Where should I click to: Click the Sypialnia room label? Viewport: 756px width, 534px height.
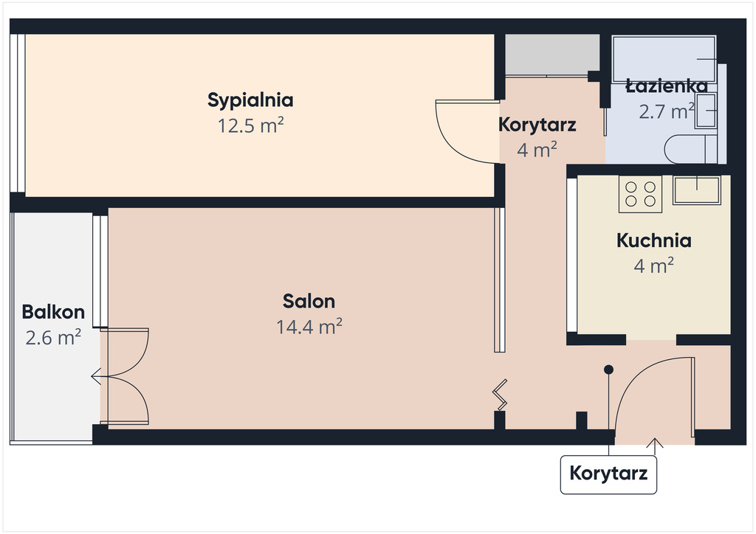pyautogui.click(x=250, y=100)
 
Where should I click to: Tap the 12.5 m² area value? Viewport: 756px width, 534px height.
pyautogui.click(x=250, y=125)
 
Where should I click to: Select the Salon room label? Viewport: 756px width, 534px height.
pyautogui.click(x=309, y=302)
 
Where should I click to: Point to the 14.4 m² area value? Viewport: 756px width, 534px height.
pyautogui.click(x=309, y=327)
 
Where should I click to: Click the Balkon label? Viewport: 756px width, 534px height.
pyautogui.click(x=53, y=312)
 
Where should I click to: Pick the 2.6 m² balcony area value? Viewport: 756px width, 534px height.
pyautogui.click(x=53, y=338)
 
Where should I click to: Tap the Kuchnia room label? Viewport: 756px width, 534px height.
pyautogui.click(x=654, y=240)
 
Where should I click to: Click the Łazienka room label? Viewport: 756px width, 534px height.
pyautogui.click(x=667, y=87)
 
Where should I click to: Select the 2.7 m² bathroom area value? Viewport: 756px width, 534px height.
pyautogui.click(x=667, y=111)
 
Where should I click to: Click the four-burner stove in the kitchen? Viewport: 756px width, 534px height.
pyautogui.click(x=640, y=194)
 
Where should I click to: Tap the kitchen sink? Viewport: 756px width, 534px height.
pyautogui.click(x=697, y=190)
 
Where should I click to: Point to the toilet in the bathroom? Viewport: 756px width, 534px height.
pyautogui.click(x=690, y=149)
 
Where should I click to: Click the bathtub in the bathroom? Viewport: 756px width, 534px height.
pyautogui.click(x=664, y=59)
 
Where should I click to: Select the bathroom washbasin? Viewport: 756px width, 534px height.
pyautogui.click(x=706, y=111)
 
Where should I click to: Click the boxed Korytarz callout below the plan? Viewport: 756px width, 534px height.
pyautogui.click(x=608, y=474)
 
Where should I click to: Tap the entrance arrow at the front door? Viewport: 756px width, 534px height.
pyautogui.click(x=654, y=446)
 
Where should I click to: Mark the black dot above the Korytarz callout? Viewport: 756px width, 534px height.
pyautogui.click(x=608, y=370)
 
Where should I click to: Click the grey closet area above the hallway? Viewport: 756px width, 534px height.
pyautogui.click(x=552, y=55)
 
